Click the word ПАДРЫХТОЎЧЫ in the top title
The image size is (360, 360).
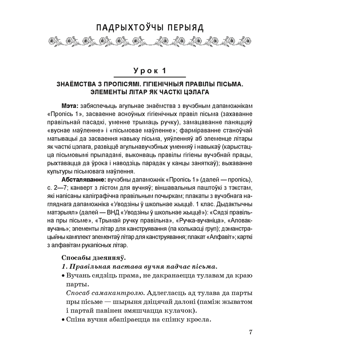tap(128, 28)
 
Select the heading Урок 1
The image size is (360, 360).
tap(149, 71)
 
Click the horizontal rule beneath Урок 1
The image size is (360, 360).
tap(149, 77)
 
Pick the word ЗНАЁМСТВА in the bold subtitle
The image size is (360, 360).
tap(76, 85)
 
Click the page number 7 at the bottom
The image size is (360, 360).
tap(251, 332)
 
